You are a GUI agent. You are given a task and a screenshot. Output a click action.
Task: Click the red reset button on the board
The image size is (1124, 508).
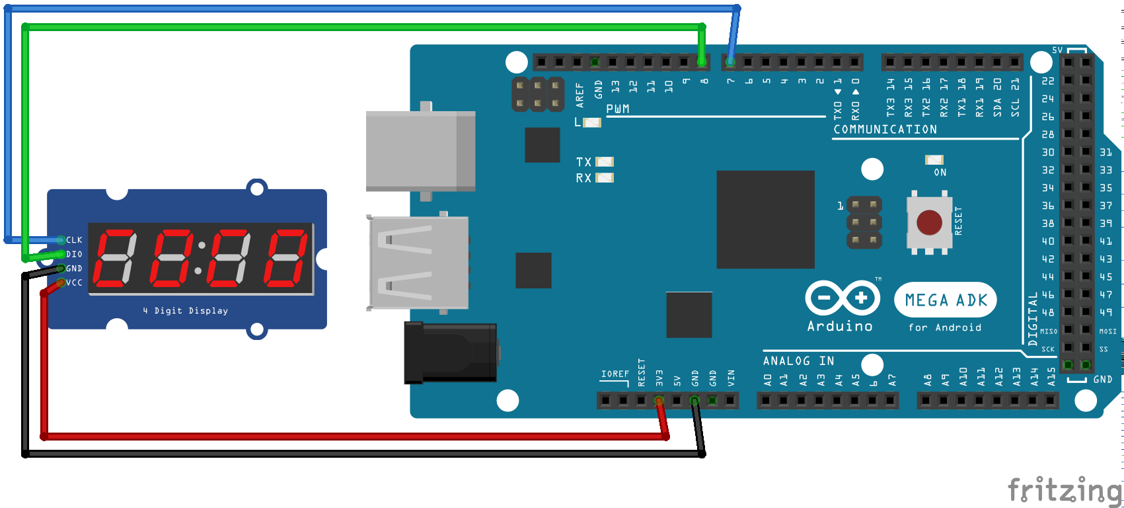point(929,223)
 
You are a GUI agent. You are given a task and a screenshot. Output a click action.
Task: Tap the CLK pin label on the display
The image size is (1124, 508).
point(74,240)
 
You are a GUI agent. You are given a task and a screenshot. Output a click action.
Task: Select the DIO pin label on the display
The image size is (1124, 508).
point(74,254)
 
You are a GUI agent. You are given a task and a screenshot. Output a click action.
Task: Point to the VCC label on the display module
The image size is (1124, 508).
point(74,282)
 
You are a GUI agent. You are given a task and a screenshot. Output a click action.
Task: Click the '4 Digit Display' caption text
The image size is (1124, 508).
point(185,311)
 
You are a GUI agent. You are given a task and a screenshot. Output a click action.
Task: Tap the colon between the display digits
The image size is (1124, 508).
point(200,258)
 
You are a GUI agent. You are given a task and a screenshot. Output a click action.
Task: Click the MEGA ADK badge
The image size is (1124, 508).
point(945,300)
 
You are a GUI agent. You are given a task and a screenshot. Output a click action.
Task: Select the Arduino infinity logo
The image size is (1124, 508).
point(842,298)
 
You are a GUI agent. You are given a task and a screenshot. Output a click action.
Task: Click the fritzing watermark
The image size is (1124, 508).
point(1064,491)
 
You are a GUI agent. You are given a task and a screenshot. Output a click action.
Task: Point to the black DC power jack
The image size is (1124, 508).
point(451,352)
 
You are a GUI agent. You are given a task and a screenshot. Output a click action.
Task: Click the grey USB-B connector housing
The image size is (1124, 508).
point(420,151)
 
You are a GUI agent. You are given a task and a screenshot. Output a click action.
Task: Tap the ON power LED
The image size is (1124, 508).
point(934,160)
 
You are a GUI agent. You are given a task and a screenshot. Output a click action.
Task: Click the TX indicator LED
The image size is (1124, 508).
point(605,162)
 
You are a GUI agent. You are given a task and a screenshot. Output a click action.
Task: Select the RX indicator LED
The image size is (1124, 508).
point(605,178)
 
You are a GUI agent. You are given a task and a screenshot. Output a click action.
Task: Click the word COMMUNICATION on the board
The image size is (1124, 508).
point(885,130)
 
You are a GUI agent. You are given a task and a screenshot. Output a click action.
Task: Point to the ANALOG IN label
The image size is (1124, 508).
point(798,361)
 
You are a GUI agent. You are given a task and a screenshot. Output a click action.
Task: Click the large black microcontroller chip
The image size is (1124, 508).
point(765,220)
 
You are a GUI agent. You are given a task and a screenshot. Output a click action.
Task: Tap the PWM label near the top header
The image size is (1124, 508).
point(618,109)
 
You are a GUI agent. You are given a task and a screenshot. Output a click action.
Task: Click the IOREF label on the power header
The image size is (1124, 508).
point(615,374)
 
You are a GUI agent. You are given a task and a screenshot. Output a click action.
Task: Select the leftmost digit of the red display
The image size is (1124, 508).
point(114,258)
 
